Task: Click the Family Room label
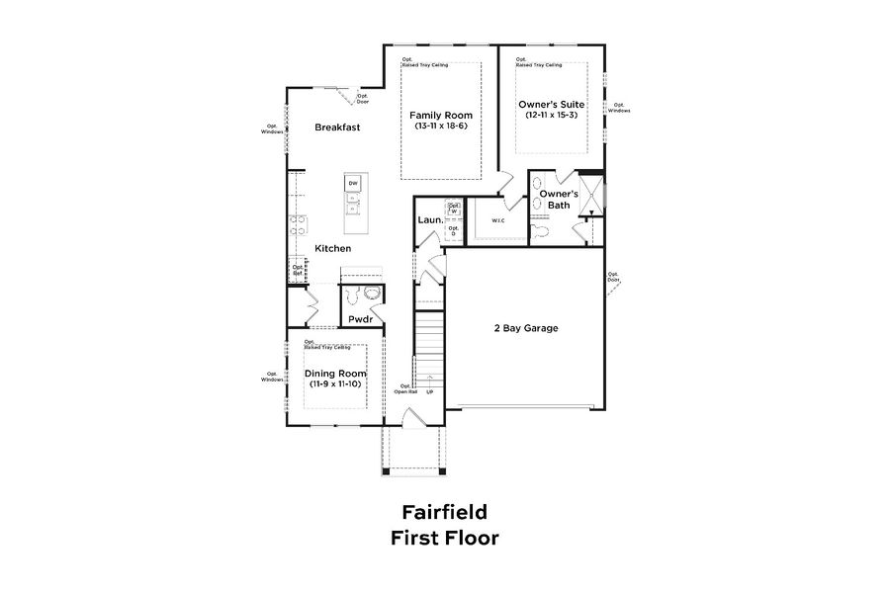click(441, 115)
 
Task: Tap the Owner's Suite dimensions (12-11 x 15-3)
click(552, 115)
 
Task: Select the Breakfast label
click(336, 127)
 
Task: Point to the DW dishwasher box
click(353, 184)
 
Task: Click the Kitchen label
click(333, 248)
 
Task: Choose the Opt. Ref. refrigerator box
click(297, 269)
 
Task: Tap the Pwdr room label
click(359, 319)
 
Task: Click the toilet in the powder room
click(372, 293)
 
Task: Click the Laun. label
click(429, 220)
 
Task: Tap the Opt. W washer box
click(454, 209)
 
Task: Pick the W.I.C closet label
click(497, 220)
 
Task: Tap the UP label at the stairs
click(430, 391)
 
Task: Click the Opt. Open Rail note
click(405, 388)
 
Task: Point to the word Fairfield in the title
click(444, 512)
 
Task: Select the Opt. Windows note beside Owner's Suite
click(619, 108)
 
